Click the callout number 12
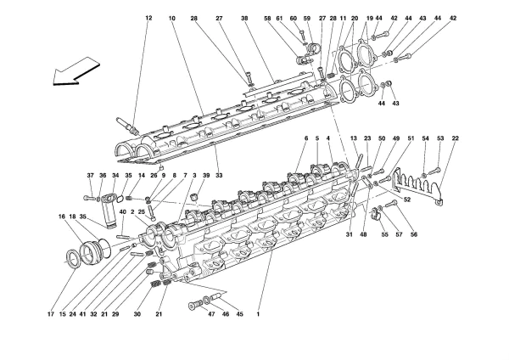point(148,18)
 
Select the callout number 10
point(172,18)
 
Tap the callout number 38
point(244,18)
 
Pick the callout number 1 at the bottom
point(258,315)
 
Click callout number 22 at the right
point(456,139)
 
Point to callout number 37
point(90,176)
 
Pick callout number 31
point(349,236)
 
